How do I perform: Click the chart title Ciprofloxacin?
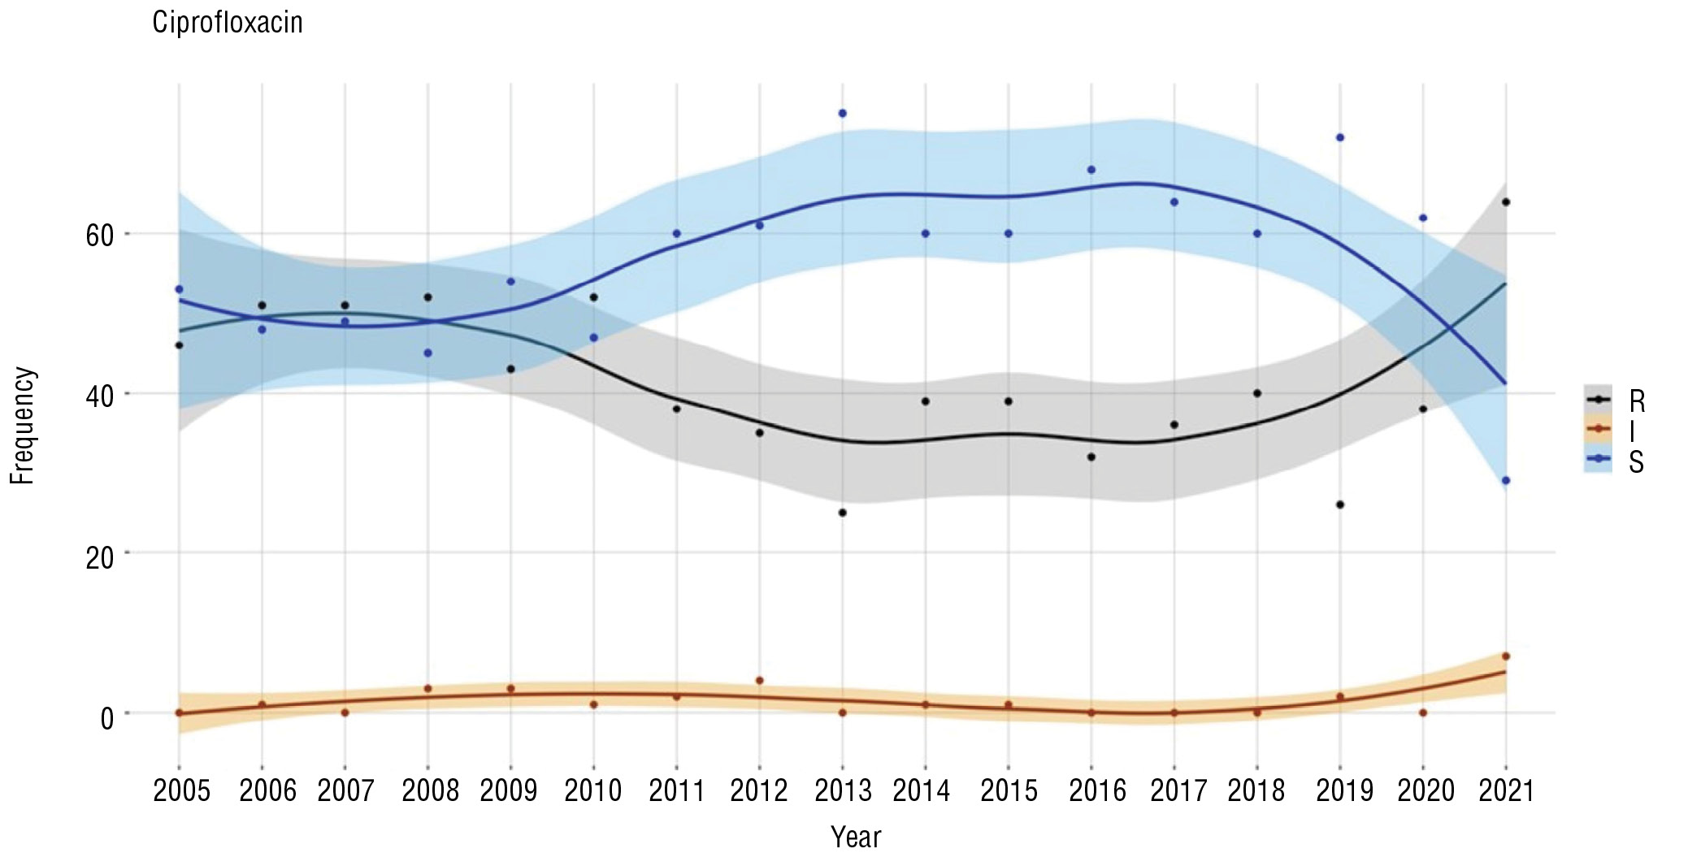pyautogui.click(x=228, y=23)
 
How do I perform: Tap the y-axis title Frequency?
pyautogui.click(x=23, y=426)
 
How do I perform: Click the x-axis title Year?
pyautogui.click(x=856, y=837)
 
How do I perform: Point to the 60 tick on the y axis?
pyautogui.click(x=100, y=235)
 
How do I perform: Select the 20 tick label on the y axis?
pyautogui.click(x=100, y=557)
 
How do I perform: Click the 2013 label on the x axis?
pyautogui.click(x=843, y=790)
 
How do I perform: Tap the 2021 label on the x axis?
pyautogui.click(x=1506, y=790)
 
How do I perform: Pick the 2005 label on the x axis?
pyautogui.click(x=181, y=790)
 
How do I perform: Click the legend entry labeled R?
pyautogui.click(x=1636, y=401)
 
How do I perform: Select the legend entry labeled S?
pyautogui.click(x=1636, y=461)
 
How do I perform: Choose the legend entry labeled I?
pyautogui.click(x=1632, y=431)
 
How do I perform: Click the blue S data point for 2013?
pyautogui.click(x=843, y=113)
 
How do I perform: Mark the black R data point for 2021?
pyautogui.click(x=1506, y=201)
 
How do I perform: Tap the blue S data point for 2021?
pyautogui.click(x=1506, y=480)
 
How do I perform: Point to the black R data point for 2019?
pyautogui.click(x=1340, y=504)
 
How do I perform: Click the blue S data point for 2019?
pyautogui.click(x=1340, y=137)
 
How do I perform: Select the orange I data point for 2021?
pyautogui.click(x=1506, y=656)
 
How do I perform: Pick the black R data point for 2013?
pyautogui.click(x=843, y=513)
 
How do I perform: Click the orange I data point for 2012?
pyautogui.click(x=760, y=680)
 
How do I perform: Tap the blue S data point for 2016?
pyautogui.click(x=1091, y=169)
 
